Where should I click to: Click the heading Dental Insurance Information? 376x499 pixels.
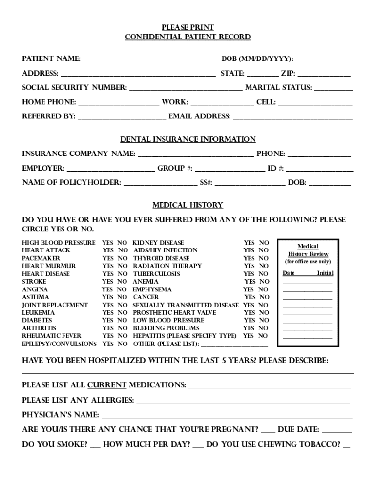pyautogui.click(x=188, y=139)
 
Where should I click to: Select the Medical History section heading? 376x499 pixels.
pyautogui.click(x=188, y=205)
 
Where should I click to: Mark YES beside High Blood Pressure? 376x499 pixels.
pyautogui.click(x=107, y=243)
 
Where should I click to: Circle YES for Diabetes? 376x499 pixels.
pyautogui.click(x=107, y=321)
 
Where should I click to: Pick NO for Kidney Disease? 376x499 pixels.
pyautogui.click(x=264, y=243)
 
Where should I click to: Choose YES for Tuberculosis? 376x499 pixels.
pyautogui.click(x=249, y=274)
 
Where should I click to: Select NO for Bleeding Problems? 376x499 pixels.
pyautogui.click(x=263, y=328)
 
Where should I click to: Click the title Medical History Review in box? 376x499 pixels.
pyautogui.click(x=308, y=250)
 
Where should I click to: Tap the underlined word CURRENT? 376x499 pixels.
pyautogui.click(x=107, y=385)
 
